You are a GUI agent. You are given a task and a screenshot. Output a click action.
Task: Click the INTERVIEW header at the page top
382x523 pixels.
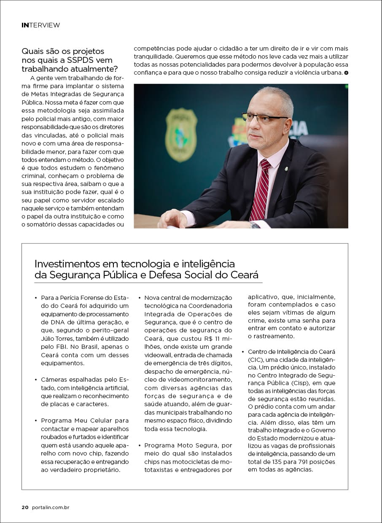40,25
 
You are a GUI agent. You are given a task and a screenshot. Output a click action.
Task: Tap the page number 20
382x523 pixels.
25,507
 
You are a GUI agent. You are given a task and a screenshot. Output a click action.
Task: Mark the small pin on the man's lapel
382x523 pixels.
286,168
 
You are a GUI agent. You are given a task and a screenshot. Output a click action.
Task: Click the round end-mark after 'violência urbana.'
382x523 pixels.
346,73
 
